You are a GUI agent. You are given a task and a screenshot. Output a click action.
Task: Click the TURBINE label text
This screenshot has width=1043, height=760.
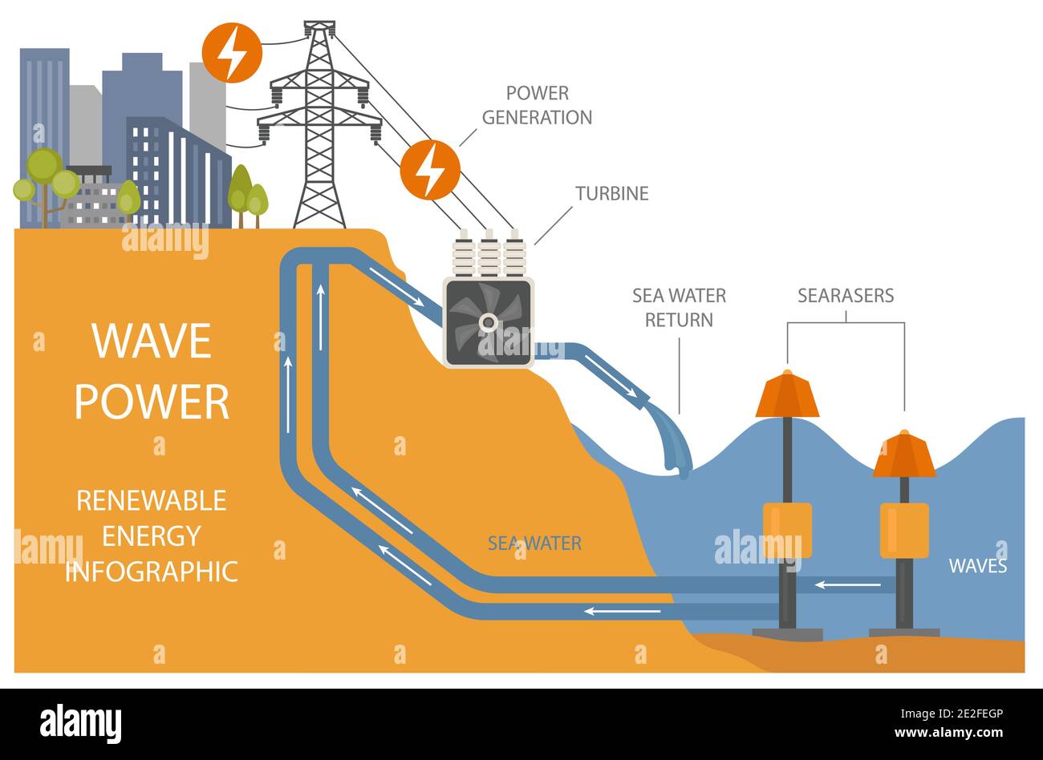point(611,193)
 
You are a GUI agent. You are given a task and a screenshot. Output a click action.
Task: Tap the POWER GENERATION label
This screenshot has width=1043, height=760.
point(537,105)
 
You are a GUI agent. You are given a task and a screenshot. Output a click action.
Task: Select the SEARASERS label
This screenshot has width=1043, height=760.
point(845,295)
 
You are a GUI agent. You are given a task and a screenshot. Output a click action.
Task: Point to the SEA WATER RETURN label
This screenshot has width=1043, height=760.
point(679,307)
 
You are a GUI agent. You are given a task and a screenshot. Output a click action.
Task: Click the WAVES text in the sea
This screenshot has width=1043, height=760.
point(977,566)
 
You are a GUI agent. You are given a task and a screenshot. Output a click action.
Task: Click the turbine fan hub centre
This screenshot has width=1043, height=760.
point(488,321)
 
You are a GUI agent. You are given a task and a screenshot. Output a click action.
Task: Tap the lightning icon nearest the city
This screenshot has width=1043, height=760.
point(232,52)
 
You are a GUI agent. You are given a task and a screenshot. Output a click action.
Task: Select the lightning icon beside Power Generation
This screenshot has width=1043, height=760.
point(430,170)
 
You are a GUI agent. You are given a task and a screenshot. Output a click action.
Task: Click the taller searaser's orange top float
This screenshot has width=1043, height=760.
point(787,395)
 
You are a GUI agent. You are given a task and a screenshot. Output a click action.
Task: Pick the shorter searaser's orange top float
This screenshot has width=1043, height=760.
point(904,455)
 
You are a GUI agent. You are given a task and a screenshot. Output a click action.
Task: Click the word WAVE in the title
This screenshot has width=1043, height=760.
point(152,342)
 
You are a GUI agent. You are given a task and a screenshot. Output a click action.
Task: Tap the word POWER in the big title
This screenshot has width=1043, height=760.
point(152,402)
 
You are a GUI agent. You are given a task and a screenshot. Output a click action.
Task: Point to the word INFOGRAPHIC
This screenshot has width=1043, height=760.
point(152,572)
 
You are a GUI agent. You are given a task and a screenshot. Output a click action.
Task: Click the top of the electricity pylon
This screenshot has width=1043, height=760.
point(319,28)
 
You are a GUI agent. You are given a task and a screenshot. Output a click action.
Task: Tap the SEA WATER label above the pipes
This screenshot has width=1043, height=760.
point(534,544)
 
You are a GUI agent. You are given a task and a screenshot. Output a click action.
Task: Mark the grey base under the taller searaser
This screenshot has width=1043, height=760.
point(787,634)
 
